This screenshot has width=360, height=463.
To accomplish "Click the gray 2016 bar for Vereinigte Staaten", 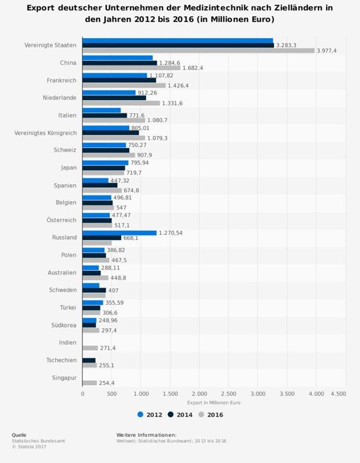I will pyautogui.click(x=198, y=51).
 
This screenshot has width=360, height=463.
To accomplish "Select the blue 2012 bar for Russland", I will pyautogui.click(x=119, y=233).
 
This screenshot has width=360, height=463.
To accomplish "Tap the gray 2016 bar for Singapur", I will pyautogui.click(x=89, y=382).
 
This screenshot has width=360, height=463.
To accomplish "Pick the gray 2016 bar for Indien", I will pyautogui.click(x=90, y=348).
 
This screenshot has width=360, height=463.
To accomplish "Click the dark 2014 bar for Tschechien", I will pyautogui.click(x=89, y=360).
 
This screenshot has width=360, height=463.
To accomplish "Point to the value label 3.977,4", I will pyautogui.click(x=327, y=51).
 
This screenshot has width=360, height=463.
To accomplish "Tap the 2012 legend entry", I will pyautogui.click(x=149, y=414).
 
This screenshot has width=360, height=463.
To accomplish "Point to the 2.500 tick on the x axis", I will pyautogui.click(x=228, y=394).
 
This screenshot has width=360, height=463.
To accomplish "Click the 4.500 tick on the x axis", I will pyautogui.click(x=338, y=394).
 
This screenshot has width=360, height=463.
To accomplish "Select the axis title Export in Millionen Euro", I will pyautogui.click(x=210, y=403).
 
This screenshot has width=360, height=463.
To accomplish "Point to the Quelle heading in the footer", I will pyautogui.click(x=19, y=435).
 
